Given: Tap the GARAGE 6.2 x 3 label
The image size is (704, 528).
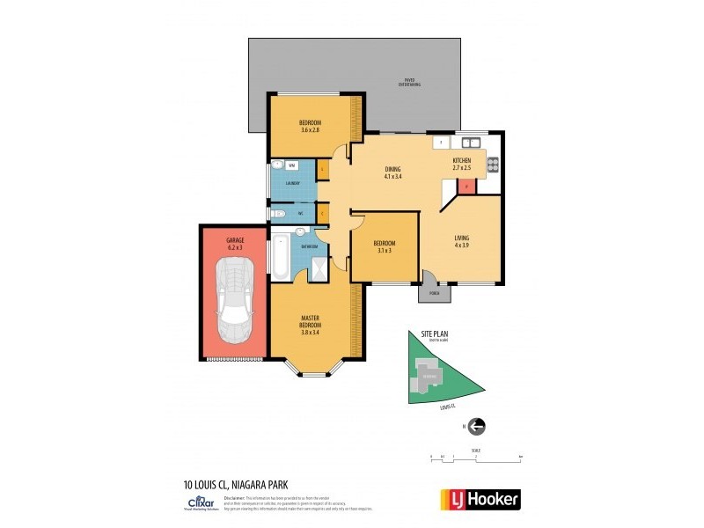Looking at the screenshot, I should [x=234, y=243].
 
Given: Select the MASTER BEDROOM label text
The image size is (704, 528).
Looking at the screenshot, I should [x=311, y=324].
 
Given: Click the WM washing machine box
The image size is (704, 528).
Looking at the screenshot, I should [x=292, y=165].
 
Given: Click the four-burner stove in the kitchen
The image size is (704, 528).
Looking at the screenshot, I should [x=493, y=163].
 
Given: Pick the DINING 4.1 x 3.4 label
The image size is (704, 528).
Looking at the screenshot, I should [x=393, y=172].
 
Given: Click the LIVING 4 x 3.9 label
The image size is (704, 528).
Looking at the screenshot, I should [x=462, y=240].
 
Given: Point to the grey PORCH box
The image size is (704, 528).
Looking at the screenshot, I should [x=433, y=293].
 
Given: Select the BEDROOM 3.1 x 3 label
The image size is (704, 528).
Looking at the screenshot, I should [x=384, y=246].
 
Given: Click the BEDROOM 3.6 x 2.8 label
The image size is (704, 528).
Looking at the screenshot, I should [x=310, y=126].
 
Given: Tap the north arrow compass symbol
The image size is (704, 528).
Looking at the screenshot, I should [x=477, y=427].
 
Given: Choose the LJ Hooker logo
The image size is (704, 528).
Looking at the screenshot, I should [x=480, y=499].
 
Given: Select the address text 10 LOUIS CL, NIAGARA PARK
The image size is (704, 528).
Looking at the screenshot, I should [x=237, y=483].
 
